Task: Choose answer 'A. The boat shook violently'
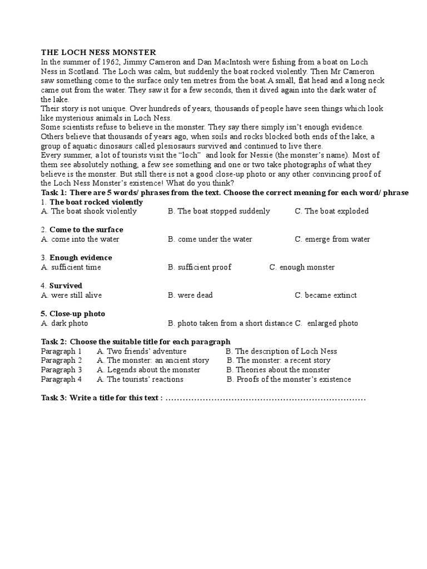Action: point(89,211)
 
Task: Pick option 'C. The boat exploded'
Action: point(331,211)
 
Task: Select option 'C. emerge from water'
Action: point(332,239)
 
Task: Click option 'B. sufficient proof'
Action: point(199,267)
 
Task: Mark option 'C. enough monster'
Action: point(302,267)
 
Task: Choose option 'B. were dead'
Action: point(190,295)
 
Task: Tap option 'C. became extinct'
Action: point(326,295)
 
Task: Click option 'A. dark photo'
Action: point(64,323)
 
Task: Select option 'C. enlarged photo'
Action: point(326,323)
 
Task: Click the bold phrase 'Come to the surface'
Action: point(86,230)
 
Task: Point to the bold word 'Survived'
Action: point(66,286)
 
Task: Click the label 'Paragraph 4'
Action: point(62,380)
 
